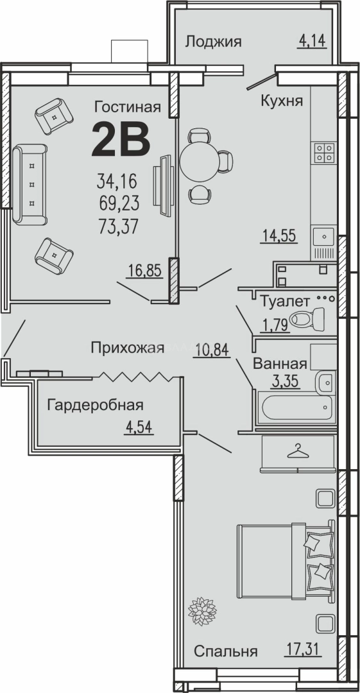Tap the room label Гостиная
pyautogui.click(x=126, y=106)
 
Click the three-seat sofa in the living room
pyautogui.click(x=30, y=184)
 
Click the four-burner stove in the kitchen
pyautogui.click(x=323, y=151)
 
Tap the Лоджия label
pyautogui.click(x=213, y=42)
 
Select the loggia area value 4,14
pyautogui.click(x=312, y=42)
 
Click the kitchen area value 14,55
pyautogui.click(x=278, y=235)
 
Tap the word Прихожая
pyautogui.click(x=127, y=348)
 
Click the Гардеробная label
pyautogui.click(x=94, y=405)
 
